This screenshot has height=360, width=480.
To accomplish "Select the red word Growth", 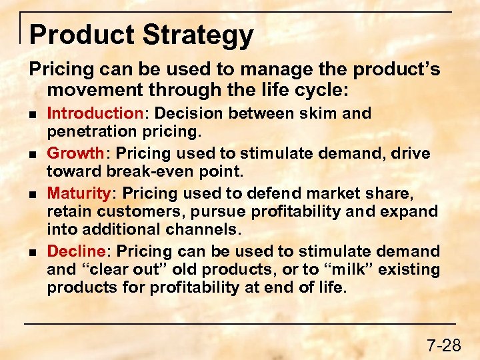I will [75, 154].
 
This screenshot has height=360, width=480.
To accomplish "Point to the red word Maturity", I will [79, 194].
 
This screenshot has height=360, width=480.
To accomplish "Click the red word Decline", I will [76, 252].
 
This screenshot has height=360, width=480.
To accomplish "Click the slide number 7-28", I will [443, 345].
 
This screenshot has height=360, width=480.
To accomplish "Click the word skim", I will [318, 114].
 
